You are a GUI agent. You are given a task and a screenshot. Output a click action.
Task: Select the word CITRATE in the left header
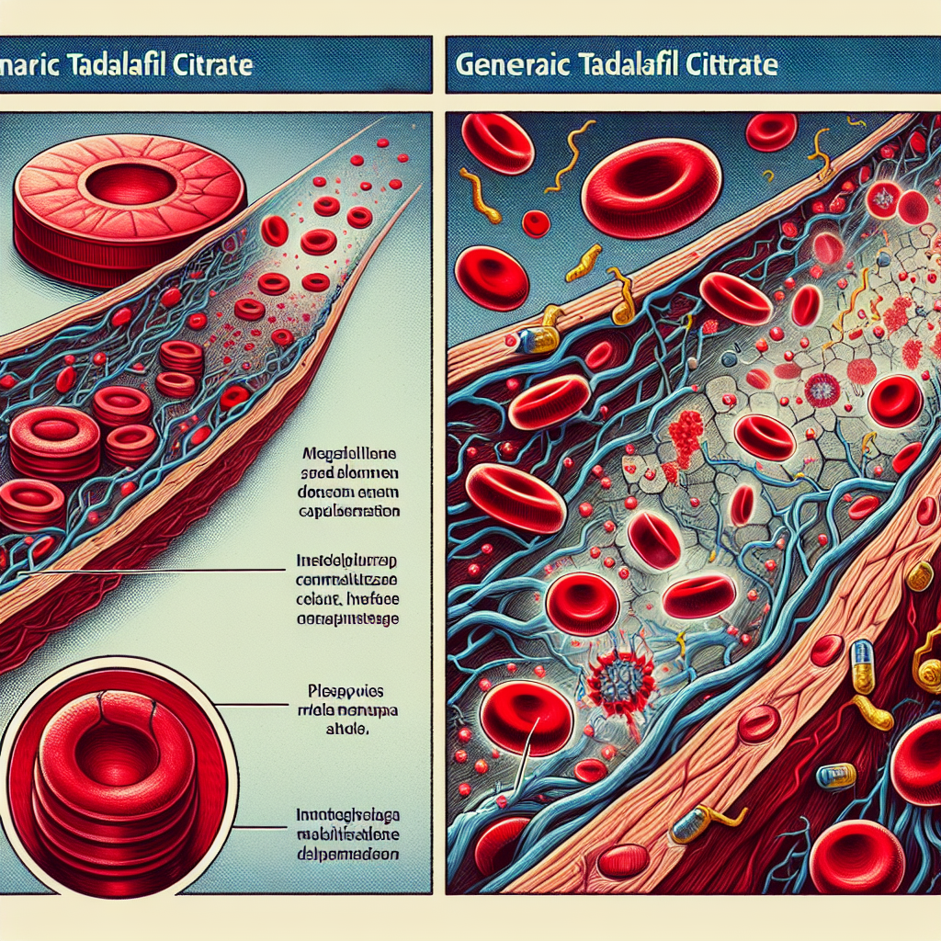tap(210, 66)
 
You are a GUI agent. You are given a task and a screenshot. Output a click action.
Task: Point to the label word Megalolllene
tap(354, 453)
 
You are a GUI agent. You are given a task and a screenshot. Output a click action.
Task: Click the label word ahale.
tap(355, 732)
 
